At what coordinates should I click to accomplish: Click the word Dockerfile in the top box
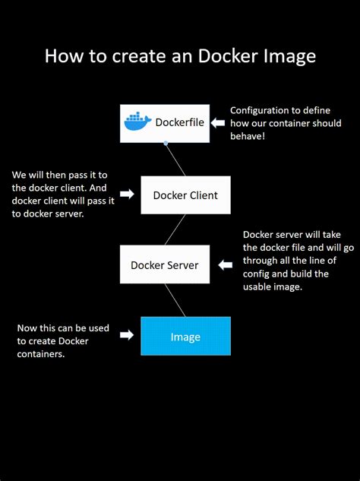(179, 122)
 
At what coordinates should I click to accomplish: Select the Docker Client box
(185, 195)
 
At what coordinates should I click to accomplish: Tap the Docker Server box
(165, 265)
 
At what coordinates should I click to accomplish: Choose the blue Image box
(185, 336)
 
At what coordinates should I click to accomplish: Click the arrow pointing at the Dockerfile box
(219, 122)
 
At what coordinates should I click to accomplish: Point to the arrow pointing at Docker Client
(127, 195)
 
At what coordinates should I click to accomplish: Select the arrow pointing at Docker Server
(224, 265)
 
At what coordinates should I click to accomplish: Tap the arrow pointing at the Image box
(127, 334)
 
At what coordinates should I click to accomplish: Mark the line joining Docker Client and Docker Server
(175, 229)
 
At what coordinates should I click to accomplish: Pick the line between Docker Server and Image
(175, 300)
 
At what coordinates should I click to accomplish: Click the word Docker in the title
(225, 55)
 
